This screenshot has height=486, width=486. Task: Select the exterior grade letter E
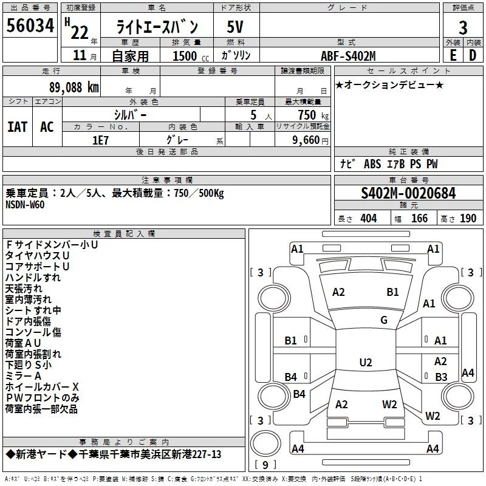click(452, 56)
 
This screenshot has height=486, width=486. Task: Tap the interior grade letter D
click(472, 56)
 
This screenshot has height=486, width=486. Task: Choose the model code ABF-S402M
click(348, 56)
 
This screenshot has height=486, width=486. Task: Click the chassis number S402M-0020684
click(408, 193)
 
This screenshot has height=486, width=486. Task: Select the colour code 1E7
click(100, 139)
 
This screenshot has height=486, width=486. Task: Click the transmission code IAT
click(18, 127)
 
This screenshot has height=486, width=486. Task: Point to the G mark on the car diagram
click(384, 320)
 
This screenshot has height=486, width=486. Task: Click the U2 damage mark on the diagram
click(366, 363)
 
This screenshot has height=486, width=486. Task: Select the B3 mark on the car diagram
click(442, 377)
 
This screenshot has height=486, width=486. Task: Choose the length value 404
click(368, 219)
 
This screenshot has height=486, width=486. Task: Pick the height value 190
click(468, 219)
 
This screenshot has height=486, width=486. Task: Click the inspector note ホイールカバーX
click(42, 387)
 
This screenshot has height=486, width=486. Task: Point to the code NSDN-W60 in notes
click(25, 204)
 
